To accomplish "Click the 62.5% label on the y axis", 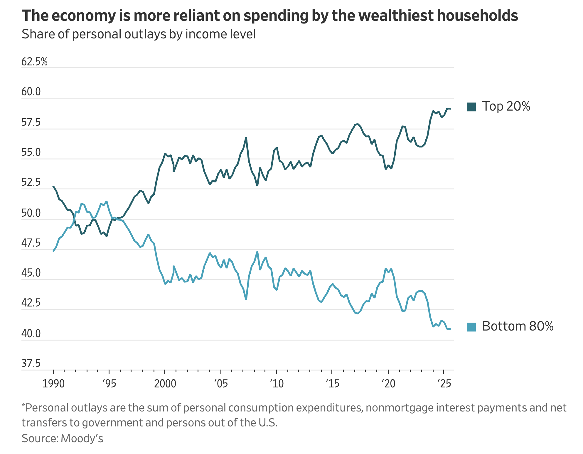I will coord(34,62).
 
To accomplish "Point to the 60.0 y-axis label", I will coord(31,92).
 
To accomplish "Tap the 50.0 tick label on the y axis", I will coord(31,213).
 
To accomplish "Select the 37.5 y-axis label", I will coord(31,364).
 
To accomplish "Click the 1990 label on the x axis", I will coord(53,383).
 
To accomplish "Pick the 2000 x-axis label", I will coord(165,383).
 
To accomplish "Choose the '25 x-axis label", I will coord(444,383).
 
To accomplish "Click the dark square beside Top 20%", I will coord(471,107).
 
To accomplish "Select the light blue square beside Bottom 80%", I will coord(471,327).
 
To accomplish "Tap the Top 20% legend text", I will coord(506,106).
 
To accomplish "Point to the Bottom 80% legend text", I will coord(518,326).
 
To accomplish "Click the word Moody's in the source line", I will coord(82,438).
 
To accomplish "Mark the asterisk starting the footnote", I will coord(23,406).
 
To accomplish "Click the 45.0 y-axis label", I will coord(31,273).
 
